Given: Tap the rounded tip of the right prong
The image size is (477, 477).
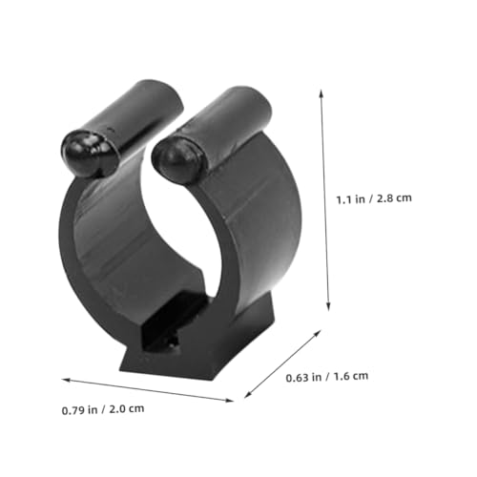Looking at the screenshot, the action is [175, 160].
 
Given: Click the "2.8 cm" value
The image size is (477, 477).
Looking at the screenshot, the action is [394, 198].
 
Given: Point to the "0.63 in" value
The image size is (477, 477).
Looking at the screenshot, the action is [303, 378].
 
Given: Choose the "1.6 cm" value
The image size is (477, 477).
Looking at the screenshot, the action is [351, 376].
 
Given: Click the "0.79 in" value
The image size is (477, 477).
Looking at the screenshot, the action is [79, 410].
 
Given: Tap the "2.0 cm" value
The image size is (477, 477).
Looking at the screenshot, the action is [127, 408].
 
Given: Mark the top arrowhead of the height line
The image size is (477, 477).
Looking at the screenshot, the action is [321, 93].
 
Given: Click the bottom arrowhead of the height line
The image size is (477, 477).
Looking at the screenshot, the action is [328, 307].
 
